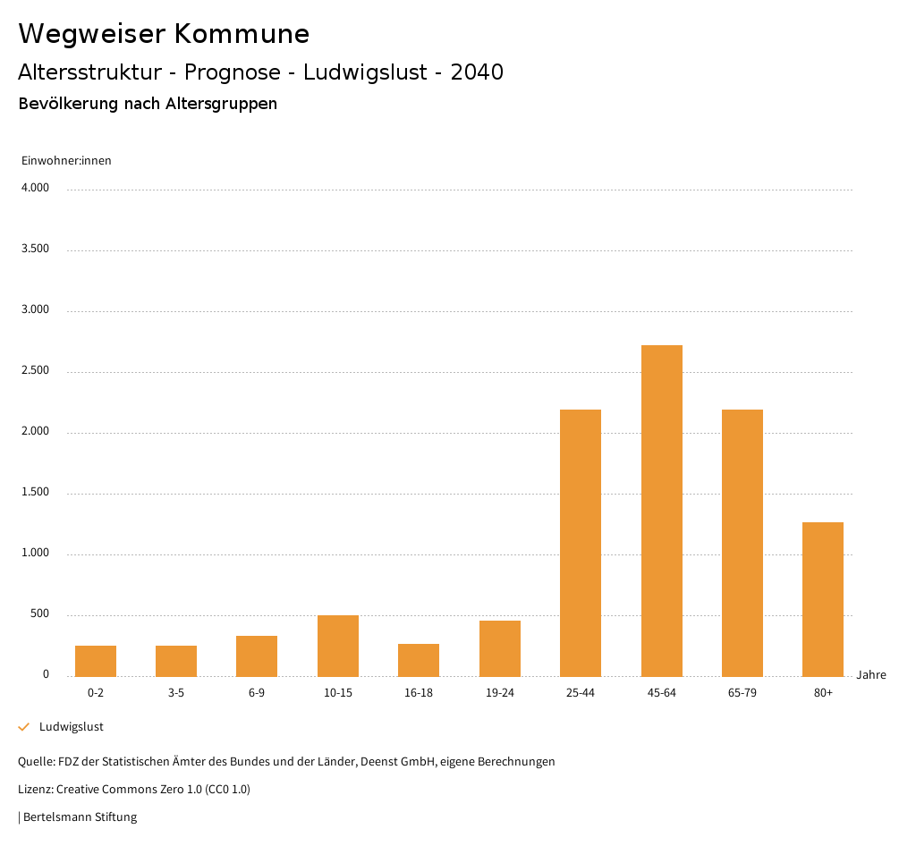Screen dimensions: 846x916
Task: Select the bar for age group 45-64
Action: click(x=661, y=510)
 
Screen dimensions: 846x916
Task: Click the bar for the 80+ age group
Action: click(x=822, y=598)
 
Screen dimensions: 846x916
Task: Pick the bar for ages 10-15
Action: click(x=338, y=645)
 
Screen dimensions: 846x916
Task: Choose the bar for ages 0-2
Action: click(x=96, y=660)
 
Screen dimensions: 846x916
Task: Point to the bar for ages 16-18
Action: click(x=419, y=659)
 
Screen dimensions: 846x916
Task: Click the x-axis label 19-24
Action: click(x=499, y=693)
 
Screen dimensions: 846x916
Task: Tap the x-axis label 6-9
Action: click(x=257, y=693)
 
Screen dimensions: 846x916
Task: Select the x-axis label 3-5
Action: click(x=176, y=693)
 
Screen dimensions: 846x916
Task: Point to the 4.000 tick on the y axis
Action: click(x=35, y=189)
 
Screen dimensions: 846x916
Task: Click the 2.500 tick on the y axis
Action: click(x=35, y=371)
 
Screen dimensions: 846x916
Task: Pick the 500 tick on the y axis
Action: click(x=39, y=614)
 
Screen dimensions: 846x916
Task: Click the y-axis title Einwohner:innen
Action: click(x=66, y=161)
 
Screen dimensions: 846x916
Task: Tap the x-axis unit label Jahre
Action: click(x=871, y=675)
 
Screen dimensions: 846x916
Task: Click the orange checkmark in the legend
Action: click(x=24, y=727)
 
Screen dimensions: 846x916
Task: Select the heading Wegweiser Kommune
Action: click(x=164, y=34)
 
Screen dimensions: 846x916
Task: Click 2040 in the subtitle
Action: click(x=477, y=72)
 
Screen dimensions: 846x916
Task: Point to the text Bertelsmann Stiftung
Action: click(x=80, y=816)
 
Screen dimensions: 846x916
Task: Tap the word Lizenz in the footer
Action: click(x=35, y=789)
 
